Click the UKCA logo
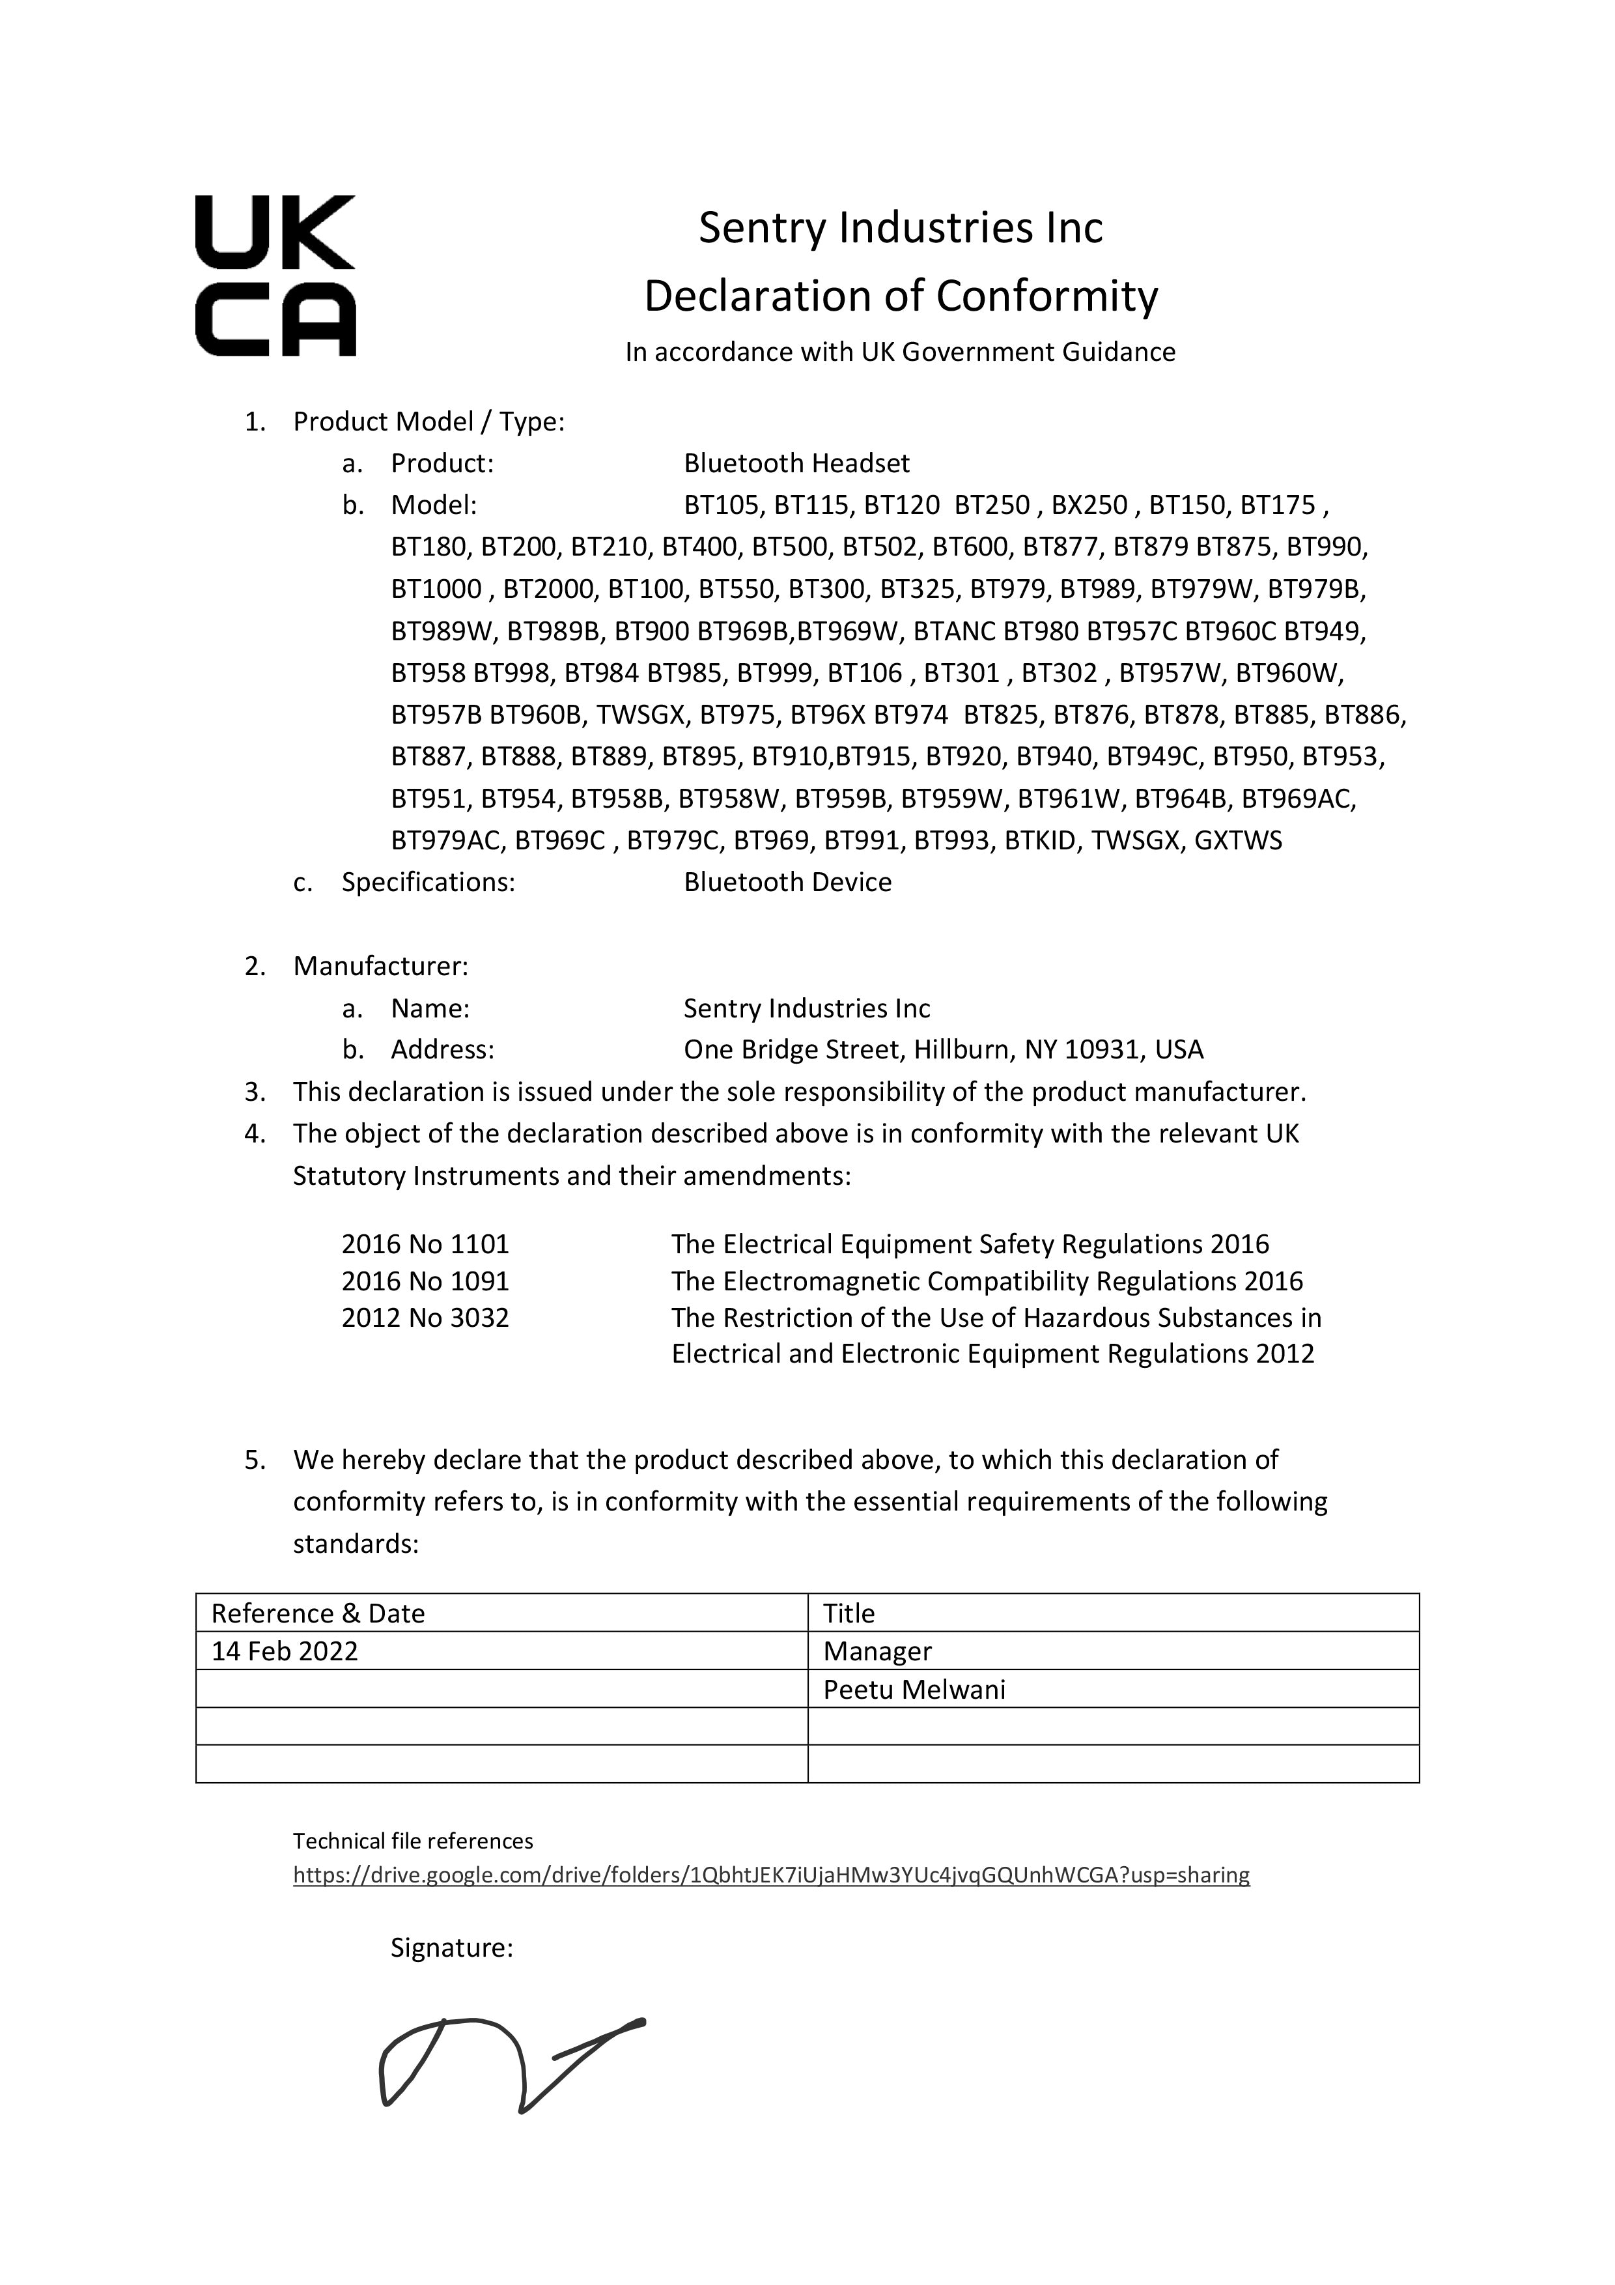click(x=275, y=276)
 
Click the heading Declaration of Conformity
click(x=901, y=296)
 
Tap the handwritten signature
click(x=511, y=2065)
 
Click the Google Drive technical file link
click(x=770, y=1875)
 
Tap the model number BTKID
click(x=1040, y=841)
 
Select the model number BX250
click(x=1089, y=505)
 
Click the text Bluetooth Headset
click(x=796, y=464)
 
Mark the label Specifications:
click(x=428, y=883)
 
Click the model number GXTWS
click(x=1238, y=841)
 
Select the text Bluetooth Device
click(x=787, y=883)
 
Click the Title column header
click(x=849, y=1613)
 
